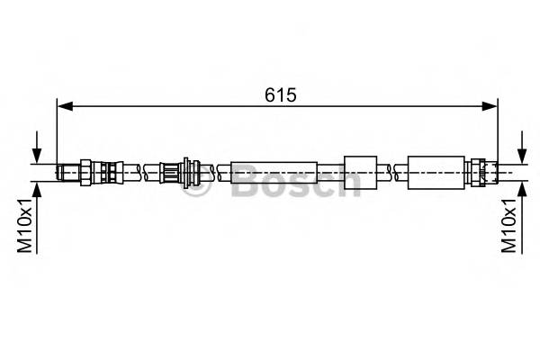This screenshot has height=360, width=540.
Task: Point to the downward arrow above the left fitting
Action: pyautogui.click(x=36, y=148)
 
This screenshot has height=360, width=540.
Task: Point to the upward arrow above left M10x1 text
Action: pyautogui.click(x=36, y=189)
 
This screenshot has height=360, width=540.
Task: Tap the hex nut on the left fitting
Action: pyautogui.click(x=85, y=170)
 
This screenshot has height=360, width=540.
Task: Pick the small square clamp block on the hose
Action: pyautogui.click(x=360, y=171)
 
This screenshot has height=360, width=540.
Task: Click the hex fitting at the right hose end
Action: pyautogui.click(x=481, y=171)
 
